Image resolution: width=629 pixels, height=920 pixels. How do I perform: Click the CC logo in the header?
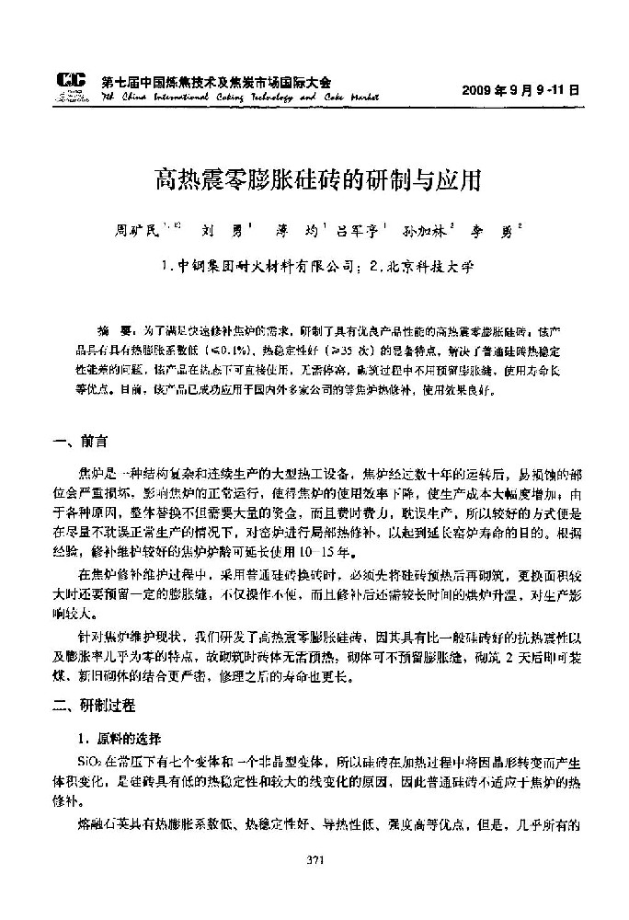click(x=71, y=86)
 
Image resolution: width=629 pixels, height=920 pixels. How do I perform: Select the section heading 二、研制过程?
click(x=94, y=706)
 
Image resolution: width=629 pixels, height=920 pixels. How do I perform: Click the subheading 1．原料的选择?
click(x=119, y=739)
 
